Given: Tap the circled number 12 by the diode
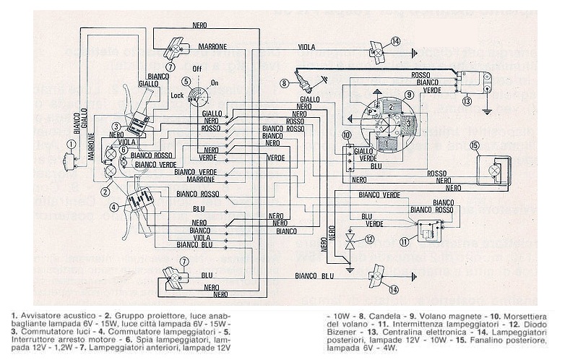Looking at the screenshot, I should click(370, 239).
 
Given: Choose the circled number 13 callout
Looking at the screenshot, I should click(467, 100).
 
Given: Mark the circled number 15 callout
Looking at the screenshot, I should click(475, 145).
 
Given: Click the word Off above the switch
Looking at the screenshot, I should click(196, 69).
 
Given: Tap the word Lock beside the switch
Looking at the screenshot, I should click(177, 95).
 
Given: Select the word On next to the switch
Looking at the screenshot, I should click(214, 83).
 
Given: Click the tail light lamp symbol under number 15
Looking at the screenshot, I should click(495, 170).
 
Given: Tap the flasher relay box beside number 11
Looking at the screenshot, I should click(432, 229).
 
